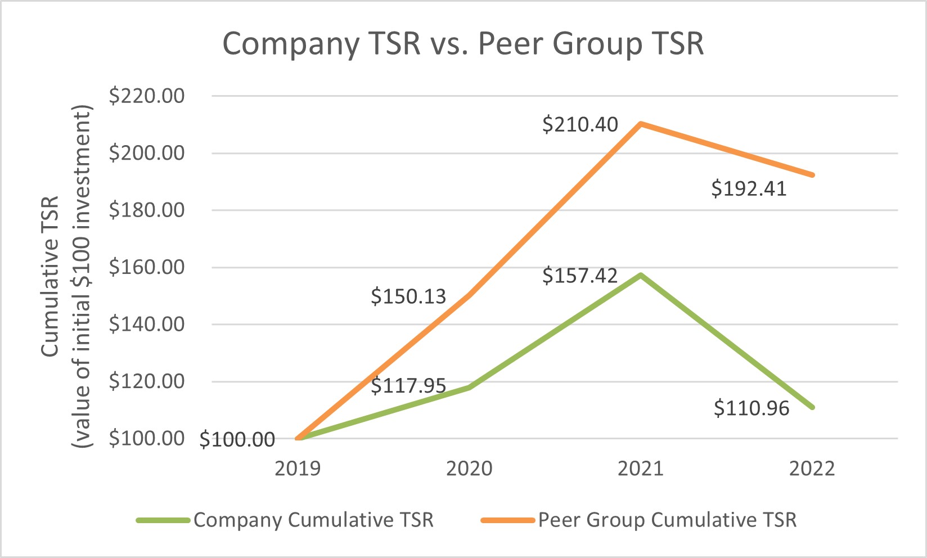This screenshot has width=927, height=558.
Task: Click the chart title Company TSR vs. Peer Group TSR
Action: (x=463, y=44)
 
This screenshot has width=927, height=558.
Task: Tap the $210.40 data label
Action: (x=580, y=124)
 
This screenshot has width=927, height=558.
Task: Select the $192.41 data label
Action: (x=749, y=188)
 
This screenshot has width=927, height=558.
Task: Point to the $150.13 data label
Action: (x=408, y=296)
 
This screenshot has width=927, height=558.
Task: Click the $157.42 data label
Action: (x=580, y=276)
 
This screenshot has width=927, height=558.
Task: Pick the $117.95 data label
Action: (x=408, y=386)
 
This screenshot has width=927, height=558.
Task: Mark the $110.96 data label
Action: (x=751, y=408)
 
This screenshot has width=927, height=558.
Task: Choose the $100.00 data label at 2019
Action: (x=237, y=439)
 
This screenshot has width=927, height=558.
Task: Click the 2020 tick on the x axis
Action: (x=469, y=469)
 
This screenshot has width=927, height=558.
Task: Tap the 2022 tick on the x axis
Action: (x=812, y=469)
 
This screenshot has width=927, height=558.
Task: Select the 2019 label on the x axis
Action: (x=298, y=469)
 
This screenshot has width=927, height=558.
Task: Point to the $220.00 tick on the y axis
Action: (x=147, y=96)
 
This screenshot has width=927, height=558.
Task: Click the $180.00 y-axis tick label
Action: (x=147, y=210)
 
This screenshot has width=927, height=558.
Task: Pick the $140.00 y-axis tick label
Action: (x=147, y=325)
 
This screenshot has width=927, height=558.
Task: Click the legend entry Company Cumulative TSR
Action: (x=313, y=520)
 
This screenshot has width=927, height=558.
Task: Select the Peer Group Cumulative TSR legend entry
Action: (x=667, y=520)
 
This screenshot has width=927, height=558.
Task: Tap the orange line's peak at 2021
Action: (x=641, y=124)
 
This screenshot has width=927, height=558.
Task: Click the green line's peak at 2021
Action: (x=641, y=275)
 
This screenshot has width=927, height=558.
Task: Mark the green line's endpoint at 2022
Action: (x=812, y=407)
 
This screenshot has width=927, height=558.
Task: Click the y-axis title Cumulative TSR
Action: (x=50, y=276)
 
